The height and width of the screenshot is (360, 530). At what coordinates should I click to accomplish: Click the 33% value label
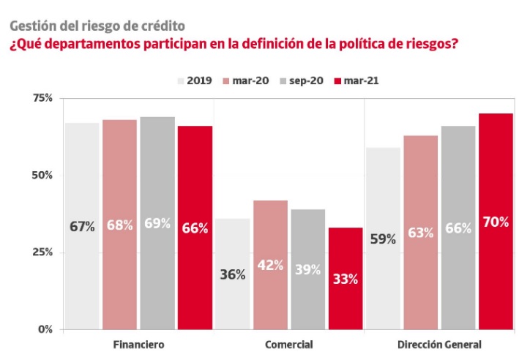coord(346,278)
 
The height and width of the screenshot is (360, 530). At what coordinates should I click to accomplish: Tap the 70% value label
coord(496,222)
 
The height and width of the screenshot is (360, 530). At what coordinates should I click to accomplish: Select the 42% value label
coord(270,265)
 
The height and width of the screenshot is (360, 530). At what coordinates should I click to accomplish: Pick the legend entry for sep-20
coord(305,80)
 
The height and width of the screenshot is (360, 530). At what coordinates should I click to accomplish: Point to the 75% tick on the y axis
coord(43,98)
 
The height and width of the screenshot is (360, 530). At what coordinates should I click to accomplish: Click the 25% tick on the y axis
coord(43,252)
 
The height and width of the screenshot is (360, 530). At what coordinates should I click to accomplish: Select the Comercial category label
coord(288,344)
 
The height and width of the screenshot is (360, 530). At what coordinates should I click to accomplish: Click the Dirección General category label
coord(439,344)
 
